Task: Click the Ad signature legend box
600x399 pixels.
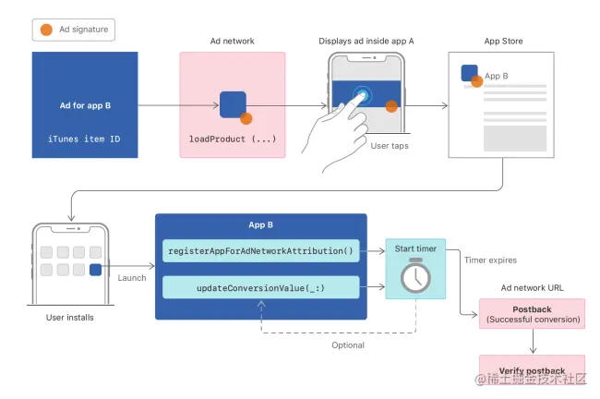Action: pos(75,30)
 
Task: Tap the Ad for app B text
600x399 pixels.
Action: pos(85,105)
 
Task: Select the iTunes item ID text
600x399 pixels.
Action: pos(85,138)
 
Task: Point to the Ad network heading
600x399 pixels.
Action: pos(232,42)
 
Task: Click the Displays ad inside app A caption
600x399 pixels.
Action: pos(366,42)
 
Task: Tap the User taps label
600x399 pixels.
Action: pos(390,145)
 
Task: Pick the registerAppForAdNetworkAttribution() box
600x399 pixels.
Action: pos(261,250)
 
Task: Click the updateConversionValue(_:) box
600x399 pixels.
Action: pos(261,288)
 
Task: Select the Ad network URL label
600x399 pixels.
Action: pos(532,288)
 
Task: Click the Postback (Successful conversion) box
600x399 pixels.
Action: pos(532,313)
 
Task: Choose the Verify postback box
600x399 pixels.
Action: pos(532,369)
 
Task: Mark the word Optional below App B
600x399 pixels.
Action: pos(348,345)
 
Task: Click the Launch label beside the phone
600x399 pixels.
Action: pos(132,278)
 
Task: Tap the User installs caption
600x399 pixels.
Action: pos(69,318)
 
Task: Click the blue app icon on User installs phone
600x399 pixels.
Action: pos(96,270)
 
